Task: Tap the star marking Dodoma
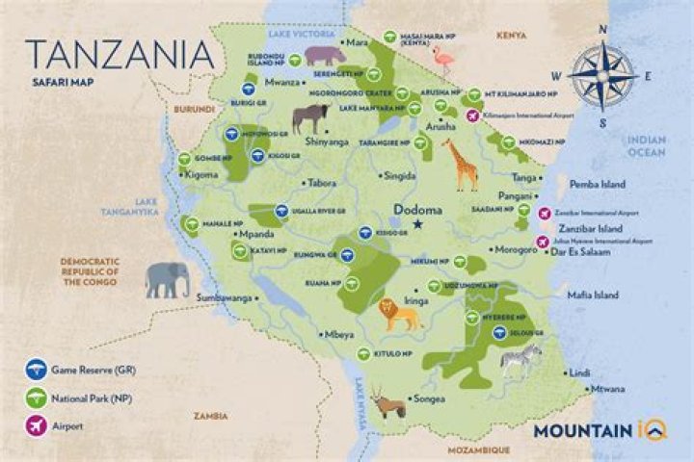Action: (x=417, y=224)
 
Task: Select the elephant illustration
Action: (x=167, y=279)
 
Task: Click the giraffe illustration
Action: (x=462, y=165)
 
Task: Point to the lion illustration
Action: (x=397, y=314)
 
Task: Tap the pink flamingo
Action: (x=443, y=61)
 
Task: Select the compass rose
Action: (x=602, y=75)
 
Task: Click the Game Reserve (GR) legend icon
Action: (x=37, y=368)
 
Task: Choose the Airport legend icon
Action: (x=37, y=423)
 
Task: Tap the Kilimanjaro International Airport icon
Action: (x=472, y=115)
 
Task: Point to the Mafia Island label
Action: (x=593, y=295)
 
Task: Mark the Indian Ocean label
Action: (x=648, y=145)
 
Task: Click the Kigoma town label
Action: (x=200, y=175)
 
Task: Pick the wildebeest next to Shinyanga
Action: (x=309, y=117)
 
